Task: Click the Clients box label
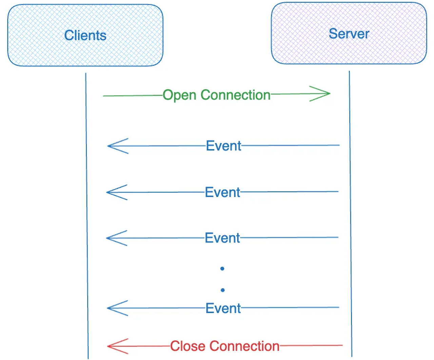click(85, 35)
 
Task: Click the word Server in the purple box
click(349, 34)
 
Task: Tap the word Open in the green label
click(179, 96)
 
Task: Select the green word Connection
click(236, 95)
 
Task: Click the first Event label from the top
click(223, 146)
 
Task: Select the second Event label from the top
click(222, 192)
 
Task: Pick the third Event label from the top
click(222, 238)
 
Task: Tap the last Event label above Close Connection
click(223, 308)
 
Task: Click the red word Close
click(188, 346)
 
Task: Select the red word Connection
click(244, 346)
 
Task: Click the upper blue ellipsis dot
click(222, 269)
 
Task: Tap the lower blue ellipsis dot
click(223, 290)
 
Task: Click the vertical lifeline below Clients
click(87, 216)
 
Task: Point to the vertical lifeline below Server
click(351, 214)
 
